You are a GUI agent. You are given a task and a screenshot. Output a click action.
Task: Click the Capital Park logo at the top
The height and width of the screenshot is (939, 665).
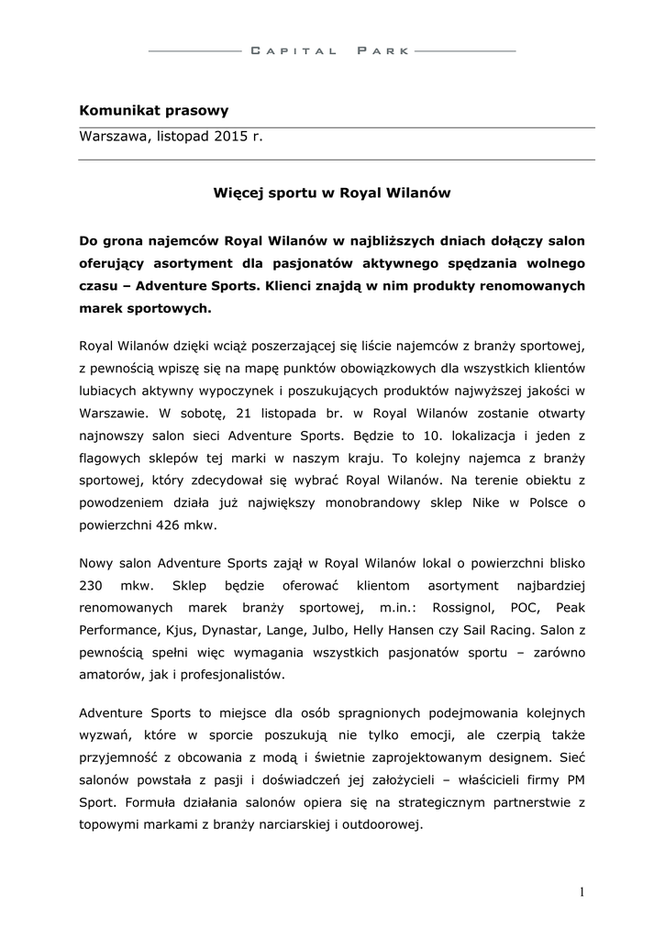coord(332,51)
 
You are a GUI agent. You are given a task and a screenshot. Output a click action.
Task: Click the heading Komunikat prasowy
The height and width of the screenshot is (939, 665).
coord(154,111)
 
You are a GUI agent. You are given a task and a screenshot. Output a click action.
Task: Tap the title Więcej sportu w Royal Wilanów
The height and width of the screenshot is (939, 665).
coord(331,193)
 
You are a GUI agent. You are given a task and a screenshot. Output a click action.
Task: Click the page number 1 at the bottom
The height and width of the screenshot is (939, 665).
coord(582,891)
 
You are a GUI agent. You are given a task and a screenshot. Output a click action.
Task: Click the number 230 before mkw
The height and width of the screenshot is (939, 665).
coord(94,585)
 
